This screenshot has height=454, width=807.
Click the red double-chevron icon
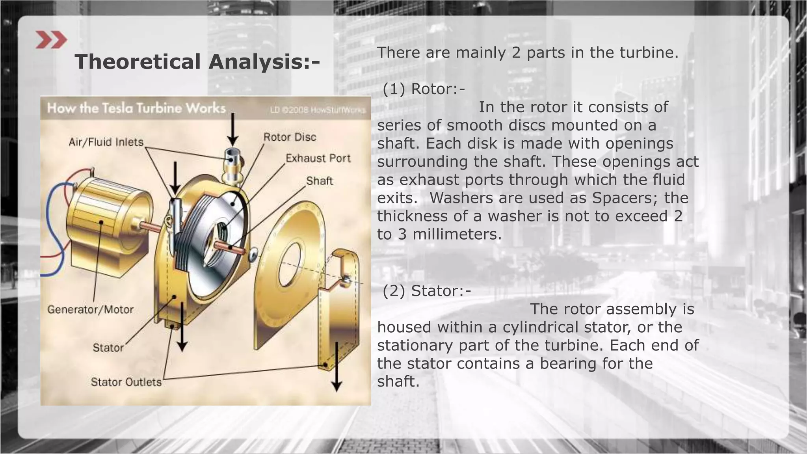51,40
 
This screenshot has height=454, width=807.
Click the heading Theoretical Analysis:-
197,62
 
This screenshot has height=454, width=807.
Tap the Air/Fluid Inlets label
106,142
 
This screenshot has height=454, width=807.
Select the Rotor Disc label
290,137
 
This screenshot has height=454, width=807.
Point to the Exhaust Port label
318,158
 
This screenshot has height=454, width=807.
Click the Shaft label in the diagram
319,181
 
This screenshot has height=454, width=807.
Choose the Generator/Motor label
90,309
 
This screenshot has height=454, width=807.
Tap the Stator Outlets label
126,382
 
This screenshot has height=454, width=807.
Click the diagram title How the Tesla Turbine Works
136,108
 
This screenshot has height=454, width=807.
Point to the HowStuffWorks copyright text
318,110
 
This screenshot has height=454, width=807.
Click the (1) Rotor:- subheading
424,89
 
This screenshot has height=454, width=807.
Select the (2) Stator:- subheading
427,291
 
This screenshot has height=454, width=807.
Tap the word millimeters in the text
457,234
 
